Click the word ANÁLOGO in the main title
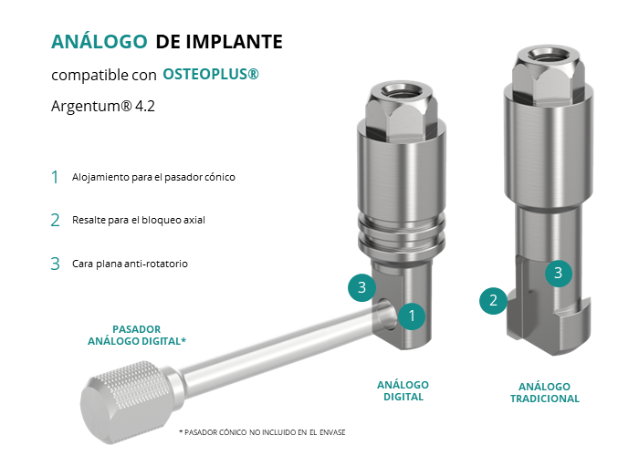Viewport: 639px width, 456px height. pos(99,41)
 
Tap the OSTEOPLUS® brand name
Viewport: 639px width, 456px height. pos(211,74)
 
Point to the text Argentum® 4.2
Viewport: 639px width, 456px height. pos(103,106)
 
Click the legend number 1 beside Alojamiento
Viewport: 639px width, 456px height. pos(55,177)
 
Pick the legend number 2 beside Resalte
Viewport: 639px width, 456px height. pos(55,221)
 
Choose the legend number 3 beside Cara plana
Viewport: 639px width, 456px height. pos(55,264)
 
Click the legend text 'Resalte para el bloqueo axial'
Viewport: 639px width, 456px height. pos(139,220)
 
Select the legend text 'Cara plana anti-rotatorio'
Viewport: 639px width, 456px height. pos(130,264)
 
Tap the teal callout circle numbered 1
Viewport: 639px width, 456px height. pos(412,316)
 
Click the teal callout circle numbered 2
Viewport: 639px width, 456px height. pos(493,300)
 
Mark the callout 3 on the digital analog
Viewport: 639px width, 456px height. pos(361,287)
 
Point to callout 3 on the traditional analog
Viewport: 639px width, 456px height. pos(559,273)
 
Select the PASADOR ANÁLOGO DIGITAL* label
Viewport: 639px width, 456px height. pos(137,335)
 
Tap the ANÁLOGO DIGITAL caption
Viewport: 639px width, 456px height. pos(403,391)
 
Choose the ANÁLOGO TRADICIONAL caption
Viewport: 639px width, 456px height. pos(544,392)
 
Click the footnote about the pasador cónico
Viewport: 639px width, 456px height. pos(262,432)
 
